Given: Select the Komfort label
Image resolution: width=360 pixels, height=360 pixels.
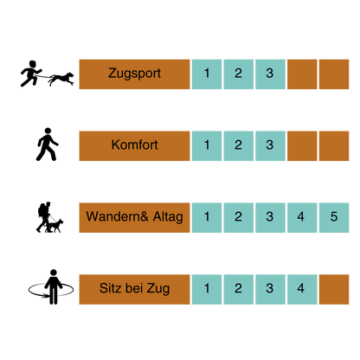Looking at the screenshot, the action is click(134, 145).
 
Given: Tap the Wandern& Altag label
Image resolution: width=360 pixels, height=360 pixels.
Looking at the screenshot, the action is click(134, 217).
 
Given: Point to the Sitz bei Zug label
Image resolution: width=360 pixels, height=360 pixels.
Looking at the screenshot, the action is click(134, 289).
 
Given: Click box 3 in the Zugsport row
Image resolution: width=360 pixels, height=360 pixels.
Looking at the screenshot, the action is click(270, 74).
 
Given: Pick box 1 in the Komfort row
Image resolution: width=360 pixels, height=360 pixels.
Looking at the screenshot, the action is click(207, 145).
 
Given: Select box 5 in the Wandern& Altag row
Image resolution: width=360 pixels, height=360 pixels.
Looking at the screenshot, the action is click(334, 217).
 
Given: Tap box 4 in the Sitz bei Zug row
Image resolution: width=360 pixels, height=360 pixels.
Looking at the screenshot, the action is click(302, 289).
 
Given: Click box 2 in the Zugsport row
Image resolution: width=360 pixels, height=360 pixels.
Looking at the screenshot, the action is click(239, 74).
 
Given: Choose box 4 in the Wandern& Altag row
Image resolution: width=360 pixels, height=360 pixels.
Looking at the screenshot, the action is click(302, 217).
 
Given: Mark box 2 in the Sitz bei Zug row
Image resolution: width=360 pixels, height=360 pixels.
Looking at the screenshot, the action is click(239, 289).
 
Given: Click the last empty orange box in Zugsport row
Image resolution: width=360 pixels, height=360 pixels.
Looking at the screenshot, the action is click(334, 74).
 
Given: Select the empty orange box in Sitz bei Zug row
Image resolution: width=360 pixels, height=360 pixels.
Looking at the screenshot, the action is click(334, 289).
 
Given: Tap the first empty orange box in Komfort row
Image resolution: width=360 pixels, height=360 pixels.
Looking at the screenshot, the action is click(302, 145).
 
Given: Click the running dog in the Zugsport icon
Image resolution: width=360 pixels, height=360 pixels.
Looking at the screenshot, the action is click(61, 79).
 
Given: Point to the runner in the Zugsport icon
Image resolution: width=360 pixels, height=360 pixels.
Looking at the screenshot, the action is click(31, 74).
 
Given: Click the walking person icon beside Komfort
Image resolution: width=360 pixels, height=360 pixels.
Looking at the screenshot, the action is click(48, 145).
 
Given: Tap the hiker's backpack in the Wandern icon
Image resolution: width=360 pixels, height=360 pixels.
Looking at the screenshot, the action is click(42, 210).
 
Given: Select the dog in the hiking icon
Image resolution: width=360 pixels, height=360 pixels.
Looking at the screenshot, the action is click(55, 226).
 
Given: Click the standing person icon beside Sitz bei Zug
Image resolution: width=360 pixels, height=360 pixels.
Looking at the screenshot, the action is click(54, 287).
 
